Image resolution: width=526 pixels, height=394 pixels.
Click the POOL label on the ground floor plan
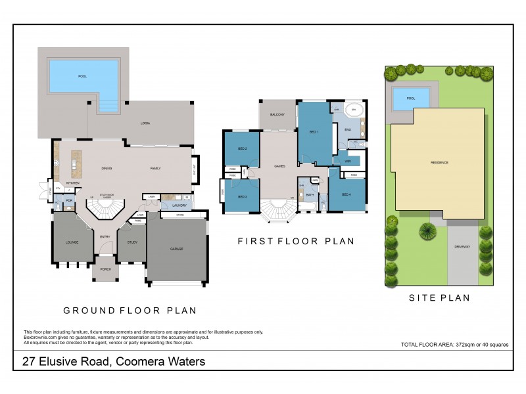(x=82, y=76)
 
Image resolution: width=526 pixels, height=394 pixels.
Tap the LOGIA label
(x=145, y=123)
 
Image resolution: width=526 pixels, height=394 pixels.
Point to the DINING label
(x=107, y=169)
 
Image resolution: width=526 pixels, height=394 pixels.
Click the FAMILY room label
(x=155, y=169)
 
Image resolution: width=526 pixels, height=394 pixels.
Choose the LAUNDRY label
(x=179, y=206)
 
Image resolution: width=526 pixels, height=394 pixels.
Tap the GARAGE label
(x=177, y=249)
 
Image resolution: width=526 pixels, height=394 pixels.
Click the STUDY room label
(x=131, y=242)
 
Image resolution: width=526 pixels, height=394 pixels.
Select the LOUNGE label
(x=72, y=242)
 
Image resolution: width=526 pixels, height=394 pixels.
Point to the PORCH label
(x=106, y=269)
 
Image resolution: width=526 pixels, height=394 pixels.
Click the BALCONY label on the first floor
(x=277, y=115)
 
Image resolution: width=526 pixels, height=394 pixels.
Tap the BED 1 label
(x=314, y=132)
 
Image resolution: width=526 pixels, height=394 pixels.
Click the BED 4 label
(x=346, y=194)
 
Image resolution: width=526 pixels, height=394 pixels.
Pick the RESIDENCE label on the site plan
(x=439, y=162)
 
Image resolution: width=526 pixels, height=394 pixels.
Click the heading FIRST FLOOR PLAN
(x=296, y=242)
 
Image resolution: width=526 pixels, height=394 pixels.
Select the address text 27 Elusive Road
(x=66, y=362)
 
